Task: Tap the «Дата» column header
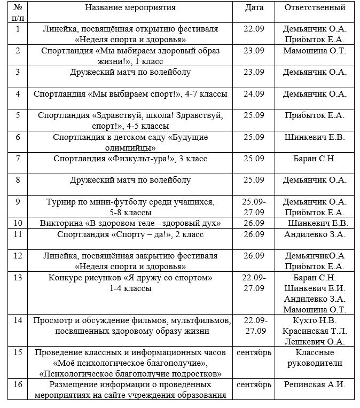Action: (x=254, y=8)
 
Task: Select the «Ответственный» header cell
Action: (x=315, y=8)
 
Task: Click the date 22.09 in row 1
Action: (x=254, y=29)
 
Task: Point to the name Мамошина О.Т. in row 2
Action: (x=315, y=51)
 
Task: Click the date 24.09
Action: (x=254, y=94)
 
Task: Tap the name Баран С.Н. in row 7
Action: (x=315, y=159)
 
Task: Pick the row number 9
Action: (x=18, y=201)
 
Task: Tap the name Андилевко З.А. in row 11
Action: (x=315, y=234)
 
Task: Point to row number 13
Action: (x=18, y=278)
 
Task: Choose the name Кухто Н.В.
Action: (x=315, y=320)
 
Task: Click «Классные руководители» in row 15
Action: (x=315, y=358)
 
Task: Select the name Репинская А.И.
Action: (x=315, y=385)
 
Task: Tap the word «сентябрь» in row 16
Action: (x=254, y=385)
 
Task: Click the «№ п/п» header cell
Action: (x=18, y=13)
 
